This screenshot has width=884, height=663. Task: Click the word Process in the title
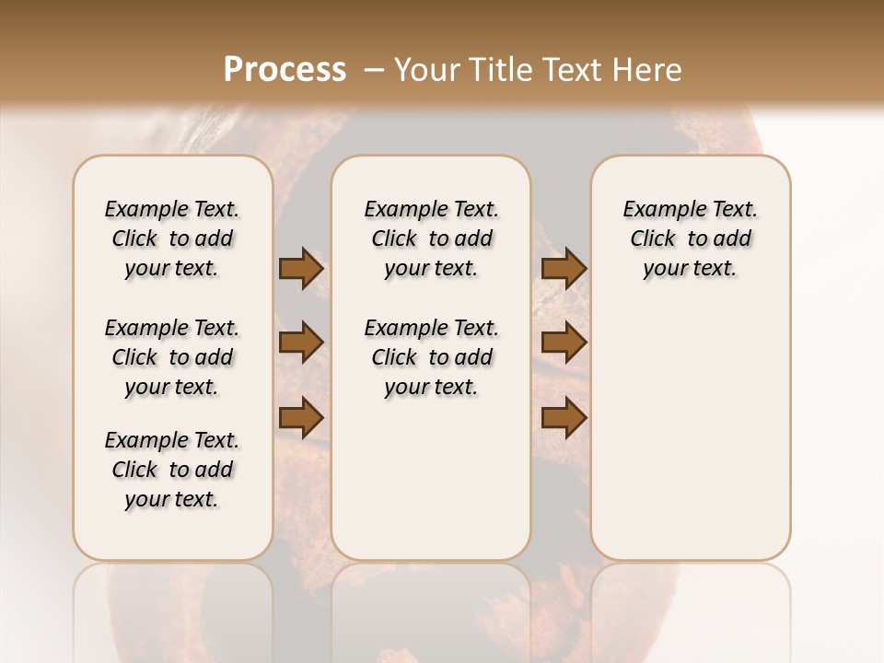pos(285,70)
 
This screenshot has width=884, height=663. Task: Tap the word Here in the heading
pos(649,70)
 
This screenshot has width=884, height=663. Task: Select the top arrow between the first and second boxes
pos(301,268)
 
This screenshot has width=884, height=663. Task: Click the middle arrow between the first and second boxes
pos(301,343)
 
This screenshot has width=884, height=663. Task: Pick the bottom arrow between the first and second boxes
pos(301,417)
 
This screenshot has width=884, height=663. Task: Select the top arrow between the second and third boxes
pos(564,268)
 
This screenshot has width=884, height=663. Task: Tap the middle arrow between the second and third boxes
pos(564,343)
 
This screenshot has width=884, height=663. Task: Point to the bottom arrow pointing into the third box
pos(564,417)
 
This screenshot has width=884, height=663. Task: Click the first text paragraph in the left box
pos(172,238)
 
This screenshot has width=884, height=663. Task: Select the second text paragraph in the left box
pos(172,357)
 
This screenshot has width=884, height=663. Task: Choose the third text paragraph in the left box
pos(172,470)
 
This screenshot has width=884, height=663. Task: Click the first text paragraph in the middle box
pos(431,238)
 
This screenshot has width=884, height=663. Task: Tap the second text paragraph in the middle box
pos(431,357)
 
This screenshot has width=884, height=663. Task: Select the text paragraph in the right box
pos(690,238)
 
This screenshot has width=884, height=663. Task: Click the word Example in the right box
pos(657,210)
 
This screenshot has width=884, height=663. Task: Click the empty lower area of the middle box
pos(431,479)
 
